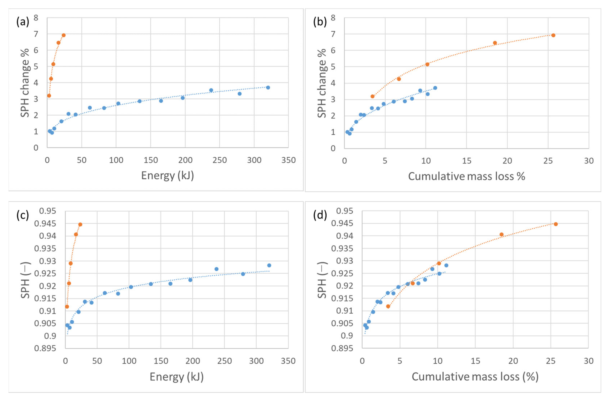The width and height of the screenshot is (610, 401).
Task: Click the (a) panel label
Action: pyautogui.click(x=23, y=22)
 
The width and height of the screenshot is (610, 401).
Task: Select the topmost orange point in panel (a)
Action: pyautogui.click(x=64, y=35)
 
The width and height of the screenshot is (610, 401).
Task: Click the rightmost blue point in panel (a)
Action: pyautogui.click(x=268, y=88)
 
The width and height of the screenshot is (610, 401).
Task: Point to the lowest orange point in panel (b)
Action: pyautogui.click(x=372, y=96)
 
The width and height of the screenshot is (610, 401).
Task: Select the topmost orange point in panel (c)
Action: pyautogui.click(x=80, y=224)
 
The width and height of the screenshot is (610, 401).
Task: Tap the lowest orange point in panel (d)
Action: pyautogui.click(x=388, y=306)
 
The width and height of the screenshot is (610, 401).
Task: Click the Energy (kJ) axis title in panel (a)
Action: pyautogui.click(x=167, y=176)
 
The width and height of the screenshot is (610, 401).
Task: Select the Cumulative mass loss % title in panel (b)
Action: pyautogui.click(x=467, y=176)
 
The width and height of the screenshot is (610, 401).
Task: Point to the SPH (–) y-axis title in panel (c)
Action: pyautogui.click(x=25, y=280)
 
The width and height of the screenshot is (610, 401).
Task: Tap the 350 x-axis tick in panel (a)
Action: pyautogui.click(x=288, y=160)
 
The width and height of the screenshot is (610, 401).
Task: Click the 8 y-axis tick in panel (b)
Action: pyautogui.click(x=333, y=18)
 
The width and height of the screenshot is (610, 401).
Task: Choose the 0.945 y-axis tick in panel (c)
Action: pyautogui.click(x=45, y=223)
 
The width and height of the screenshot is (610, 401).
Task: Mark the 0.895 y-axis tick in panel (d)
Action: pyautogui.click(x=342, y=348)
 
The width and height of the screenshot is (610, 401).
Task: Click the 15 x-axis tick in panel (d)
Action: pyautogui.click(x=475, y=361)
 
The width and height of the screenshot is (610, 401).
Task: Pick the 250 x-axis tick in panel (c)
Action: pyautogui.click(x=224, y=361)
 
